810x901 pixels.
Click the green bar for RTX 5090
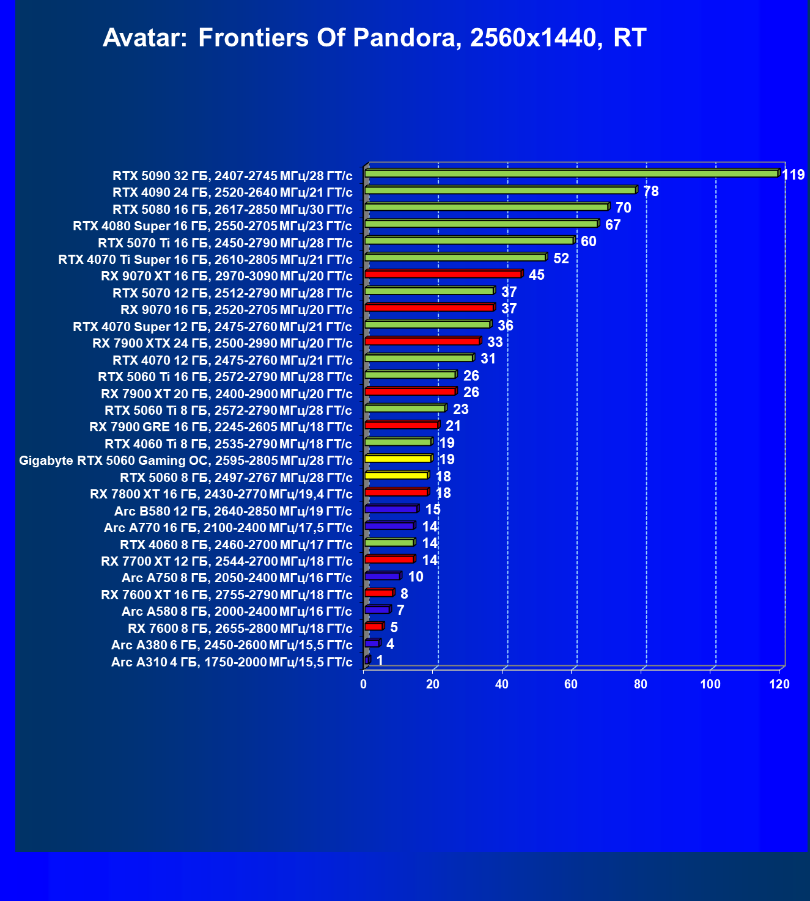coord(571,174)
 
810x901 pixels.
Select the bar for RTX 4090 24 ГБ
coord(500,191)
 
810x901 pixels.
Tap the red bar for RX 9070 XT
coord(443,274)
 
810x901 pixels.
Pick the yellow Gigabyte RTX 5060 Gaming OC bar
coord(397,459)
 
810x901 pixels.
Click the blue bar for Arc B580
coord(391,509)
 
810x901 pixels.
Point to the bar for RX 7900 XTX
coord(422,341)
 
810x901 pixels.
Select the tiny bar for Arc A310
coord(367,660)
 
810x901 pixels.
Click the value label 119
coord(793,175)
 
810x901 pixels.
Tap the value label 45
coord(536,275)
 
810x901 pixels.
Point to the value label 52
coord(561,258)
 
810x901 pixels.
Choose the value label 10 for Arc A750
coord(416,577)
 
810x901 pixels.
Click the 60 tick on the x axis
coord(571,684)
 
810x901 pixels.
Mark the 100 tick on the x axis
coord(710,684)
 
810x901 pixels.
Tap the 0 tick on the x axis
coord(364,684)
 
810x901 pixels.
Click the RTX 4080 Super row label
coord(212,226)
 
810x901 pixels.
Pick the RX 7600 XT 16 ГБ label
coord(227,595)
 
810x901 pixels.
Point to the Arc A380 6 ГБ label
coord(232,645)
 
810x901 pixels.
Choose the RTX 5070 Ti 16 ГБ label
coord(225,243)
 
